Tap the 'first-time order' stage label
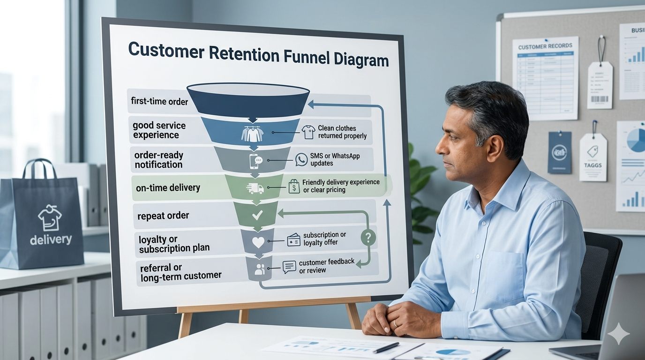click(160, 101)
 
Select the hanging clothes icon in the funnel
click(252, 133)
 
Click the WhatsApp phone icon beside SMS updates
click(301, 159)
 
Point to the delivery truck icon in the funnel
click(255, 188)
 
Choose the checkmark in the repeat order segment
click(257, 215)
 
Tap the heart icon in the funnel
click(258, 242)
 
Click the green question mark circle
click(368, 238)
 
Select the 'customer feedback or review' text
click(326, 266)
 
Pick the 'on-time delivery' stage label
click(168, 188)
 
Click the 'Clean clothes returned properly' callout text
click(342, 132)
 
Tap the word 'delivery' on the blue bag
click(51, 240)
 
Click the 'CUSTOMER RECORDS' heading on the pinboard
click(545, 46)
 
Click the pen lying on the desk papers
click(386, 347)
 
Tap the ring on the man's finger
click(395, 323)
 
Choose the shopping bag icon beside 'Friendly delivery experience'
click(294, 186)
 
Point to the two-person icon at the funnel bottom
click(259, 269)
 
